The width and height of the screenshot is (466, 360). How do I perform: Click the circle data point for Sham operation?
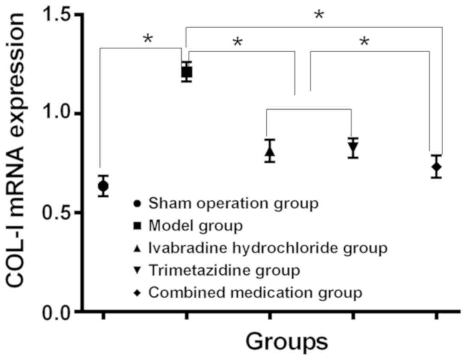click(x=103, y=186)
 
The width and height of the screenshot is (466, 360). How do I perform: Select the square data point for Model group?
click(x=186, y=72)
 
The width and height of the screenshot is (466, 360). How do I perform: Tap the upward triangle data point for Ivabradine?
click(x=270, y=151)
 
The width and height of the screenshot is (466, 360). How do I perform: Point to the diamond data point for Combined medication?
click(x=436, y=167)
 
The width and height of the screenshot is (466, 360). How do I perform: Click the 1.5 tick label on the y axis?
click(x=60, y=15)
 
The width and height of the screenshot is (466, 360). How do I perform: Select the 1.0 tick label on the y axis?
click(x=60, y=114)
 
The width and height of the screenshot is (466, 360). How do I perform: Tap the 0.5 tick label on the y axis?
click(x=60, y=213)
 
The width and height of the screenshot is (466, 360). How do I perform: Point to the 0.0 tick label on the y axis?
click(x=60, y=312)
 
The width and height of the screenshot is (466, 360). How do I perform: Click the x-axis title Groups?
click(x=287, y=342)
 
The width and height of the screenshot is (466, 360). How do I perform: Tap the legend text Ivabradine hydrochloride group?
click(x=268, y=248)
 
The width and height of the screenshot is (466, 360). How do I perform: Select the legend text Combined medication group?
click(x=255, y=293)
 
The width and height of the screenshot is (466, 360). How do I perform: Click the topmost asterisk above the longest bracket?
click(x=319, y=15)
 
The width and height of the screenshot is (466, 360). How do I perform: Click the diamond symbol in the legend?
click(x=137, y=293)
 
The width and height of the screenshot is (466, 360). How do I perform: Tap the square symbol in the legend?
click(x=137, y=225)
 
